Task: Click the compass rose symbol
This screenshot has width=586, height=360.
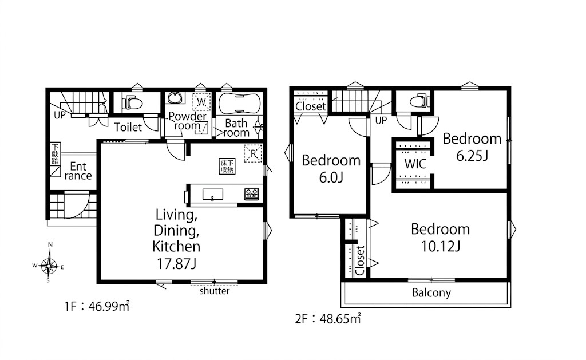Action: (49, 266)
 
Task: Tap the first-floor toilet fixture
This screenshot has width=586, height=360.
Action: (133, 102)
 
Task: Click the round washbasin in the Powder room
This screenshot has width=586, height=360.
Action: (174, 98)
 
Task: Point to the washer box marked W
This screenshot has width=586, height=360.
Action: (201, 101)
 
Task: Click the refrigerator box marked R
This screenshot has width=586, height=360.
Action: (253, 153)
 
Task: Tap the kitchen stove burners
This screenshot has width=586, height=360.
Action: (252, 194)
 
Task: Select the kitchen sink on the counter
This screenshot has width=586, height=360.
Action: (213, 195)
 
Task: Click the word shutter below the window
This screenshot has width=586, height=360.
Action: (215, 291)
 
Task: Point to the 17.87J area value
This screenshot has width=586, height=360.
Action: (176, 264)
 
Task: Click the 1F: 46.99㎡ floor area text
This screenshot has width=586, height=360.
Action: (97, 307)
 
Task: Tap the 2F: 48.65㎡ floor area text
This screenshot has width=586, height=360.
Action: (328, 318)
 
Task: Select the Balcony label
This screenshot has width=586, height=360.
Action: (431, 292)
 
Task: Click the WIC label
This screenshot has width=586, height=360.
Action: (415, 164)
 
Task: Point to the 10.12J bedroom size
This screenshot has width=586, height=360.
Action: (440, 246)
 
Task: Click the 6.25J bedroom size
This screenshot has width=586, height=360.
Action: (472, 156)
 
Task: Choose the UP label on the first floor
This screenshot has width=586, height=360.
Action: (60, 115)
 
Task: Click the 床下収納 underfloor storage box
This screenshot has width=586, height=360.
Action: (227, 167)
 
